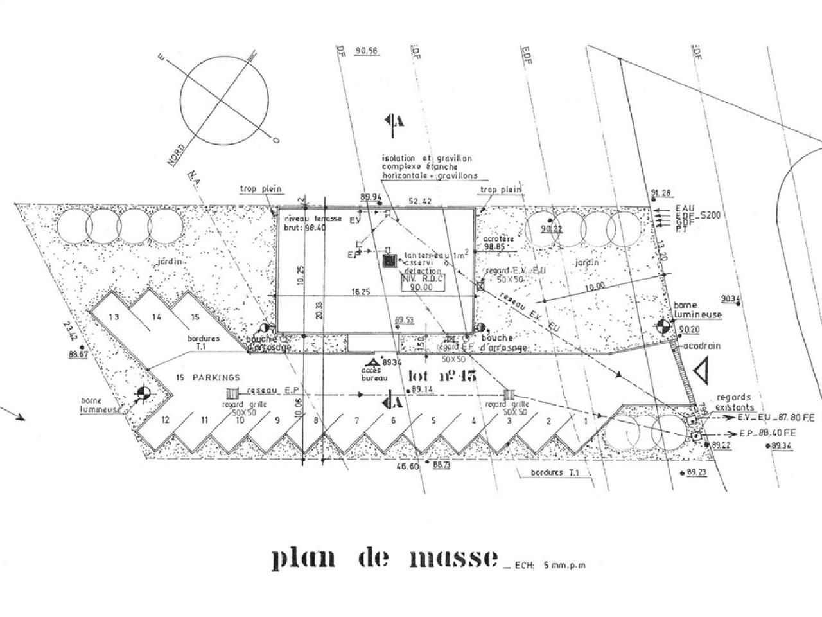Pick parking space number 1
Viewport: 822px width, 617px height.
(x=586, y=420)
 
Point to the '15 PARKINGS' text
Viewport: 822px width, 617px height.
(x=207, y=378)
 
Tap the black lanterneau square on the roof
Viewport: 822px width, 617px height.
(x=389, y=261)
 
